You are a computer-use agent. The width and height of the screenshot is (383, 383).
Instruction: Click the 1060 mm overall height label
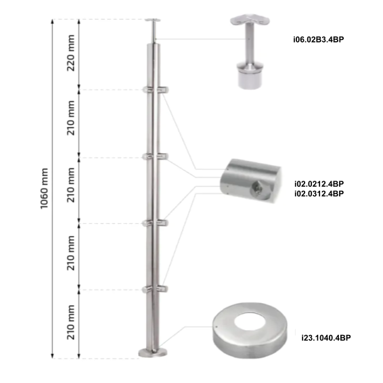point(44,188)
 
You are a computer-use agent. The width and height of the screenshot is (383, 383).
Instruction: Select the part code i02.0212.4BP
point(319,183)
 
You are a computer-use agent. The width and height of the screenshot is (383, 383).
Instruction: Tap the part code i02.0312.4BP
point(319,194)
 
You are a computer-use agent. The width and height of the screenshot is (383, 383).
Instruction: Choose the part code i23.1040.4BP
point(325,336)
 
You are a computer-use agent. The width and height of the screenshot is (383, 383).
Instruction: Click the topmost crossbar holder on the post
point(154,89)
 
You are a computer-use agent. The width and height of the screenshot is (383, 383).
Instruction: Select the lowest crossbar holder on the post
point(154,289)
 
